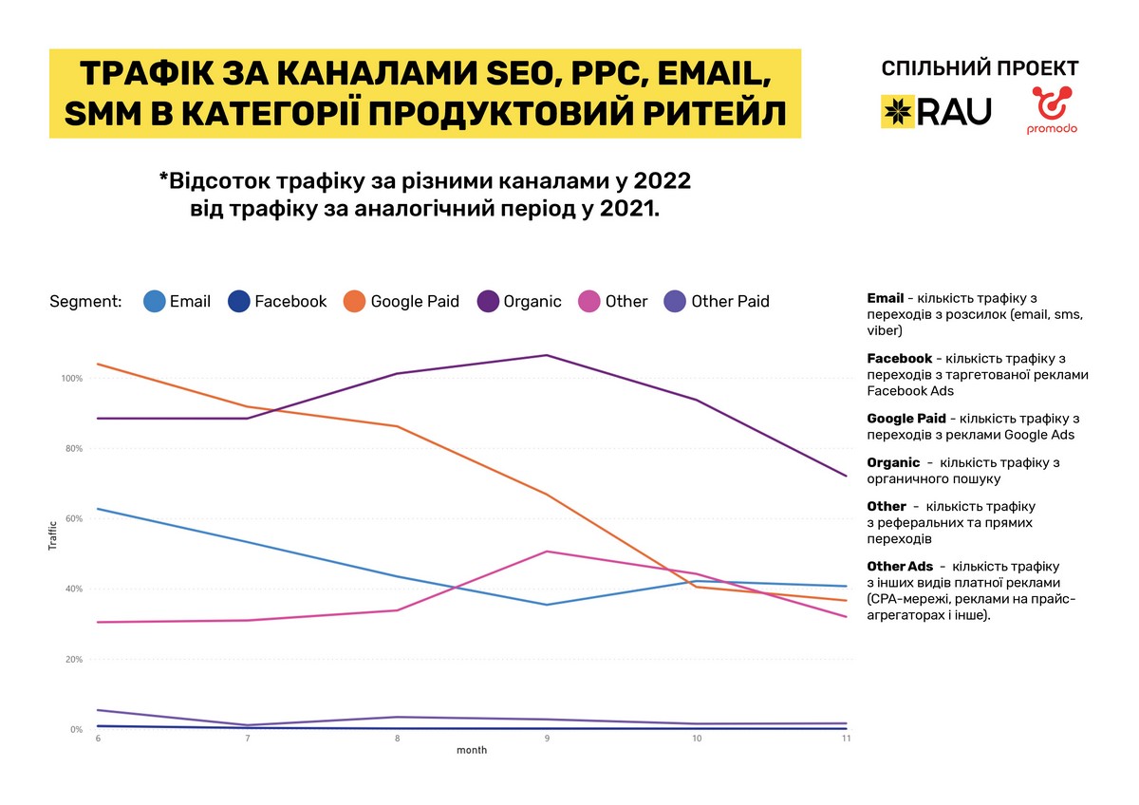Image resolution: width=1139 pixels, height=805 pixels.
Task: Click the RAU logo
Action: pos(936,111)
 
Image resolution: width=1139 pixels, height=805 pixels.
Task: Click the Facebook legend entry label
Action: pos(290,302)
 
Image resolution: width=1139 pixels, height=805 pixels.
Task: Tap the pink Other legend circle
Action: pos(588,301)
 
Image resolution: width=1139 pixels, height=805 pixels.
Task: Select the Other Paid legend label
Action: pos(730,302)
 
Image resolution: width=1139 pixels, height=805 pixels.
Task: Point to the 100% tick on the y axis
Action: pos(72,379)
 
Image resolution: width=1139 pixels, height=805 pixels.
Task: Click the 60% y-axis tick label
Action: pos(74,519)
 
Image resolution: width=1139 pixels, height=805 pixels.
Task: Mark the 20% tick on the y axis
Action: pos(74,660)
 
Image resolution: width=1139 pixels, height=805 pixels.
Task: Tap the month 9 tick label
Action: pos(547,739)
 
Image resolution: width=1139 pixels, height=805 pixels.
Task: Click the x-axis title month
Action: pos(472,751)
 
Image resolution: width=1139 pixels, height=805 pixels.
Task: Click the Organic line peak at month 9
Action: pos(547,355)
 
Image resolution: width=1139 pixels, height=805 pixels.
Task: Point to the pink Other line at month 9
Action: pos(547,552)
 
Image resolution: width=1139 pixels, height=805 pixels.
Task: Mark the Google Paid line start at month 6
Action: pos(98,365)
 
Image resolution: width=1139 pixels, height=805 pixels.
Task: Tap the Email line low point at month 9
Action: pos(547,605)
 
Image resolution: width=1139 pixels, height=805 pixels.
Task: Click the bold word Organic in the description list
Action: pos(893,463)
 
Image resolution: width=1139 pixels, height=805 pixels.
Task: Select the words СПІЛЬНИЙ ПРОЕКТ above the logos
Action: pos(980,68)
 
